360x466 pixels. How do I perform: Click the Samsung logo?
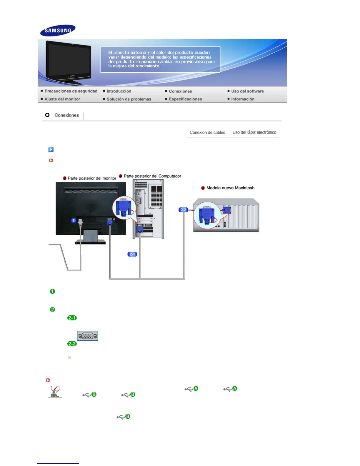(x=58, y=30)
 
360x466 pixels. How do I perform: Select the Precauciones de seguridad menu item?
(x=71, y=91)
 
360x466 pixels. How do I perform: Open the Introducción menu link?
(x=119, y=91)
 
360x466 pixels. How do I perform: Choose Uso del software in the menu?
(x=247, y=91)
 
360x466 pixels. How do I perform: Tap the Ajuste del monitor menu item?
(x=62, y=99)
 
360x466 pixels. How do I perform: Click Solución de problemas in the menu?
(x=129, y=99)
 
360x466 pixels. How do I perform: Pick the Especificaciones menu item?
(x=185, y=99)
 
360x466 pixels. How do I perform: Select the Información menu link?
(x=243, y=99)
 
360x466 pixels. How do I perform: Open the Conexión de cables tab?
(x=207, y=132)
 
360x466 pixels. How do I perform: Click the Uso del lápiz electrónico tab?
(x=254, y=132)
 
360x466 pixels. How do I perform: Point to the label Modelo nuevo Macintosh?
(x=230, y=188)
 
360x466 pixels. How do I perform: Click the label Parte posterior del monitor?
(x=92, y=178)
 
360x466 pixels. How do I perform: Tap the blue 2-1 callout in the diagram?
(x=132, y=254)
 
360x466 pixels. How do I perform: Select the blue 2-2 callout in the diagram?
(x=183, y=210)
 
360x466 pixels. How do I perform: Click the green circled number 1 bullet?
(x=53, y=291)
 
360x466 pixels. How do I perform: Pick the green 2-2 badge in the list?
(x=72, y=344)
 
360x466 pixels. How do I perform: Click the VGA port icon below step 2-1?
(x=87, y=336)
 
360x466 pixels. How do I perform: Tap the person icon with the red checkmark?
(x=55, y=392)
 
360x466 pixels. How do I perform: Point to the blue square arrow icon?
(x=51, y=149)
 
